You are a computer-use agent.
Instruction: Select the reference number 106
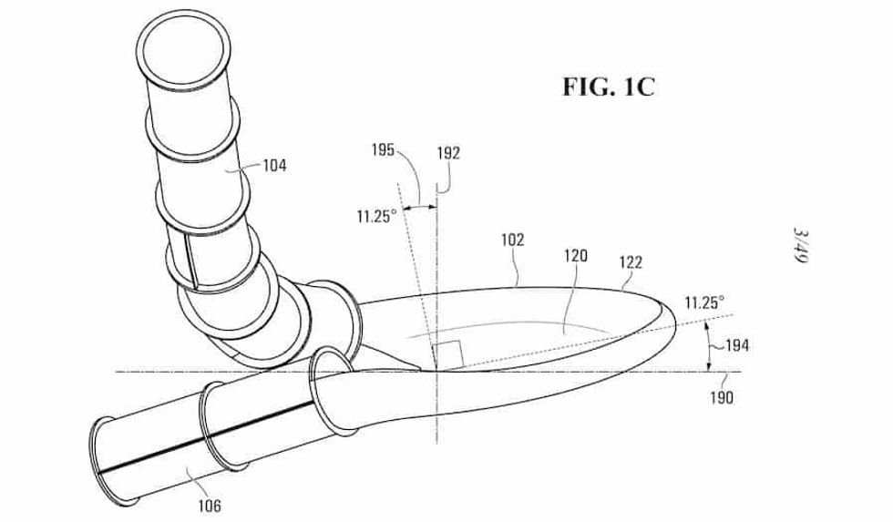pos(208,503)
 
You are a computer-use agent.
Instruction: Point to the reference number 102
pos(513,241)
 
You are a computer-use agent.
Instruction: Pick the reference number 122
pos(630,262)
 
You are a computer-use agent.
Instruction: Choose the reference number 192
pos(448,154)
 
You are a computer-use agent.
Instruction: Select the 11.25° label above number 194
pos(706,301)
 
